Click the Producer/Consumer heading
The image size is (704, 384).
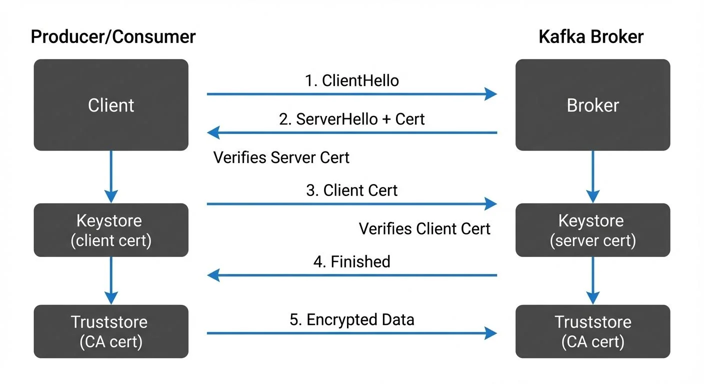click(113, 37)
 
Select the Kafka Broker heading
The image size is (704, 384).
click(591, 37)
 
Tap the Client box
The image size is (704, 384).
click(111, 105)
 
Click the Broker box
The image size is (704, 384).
click(592, 105)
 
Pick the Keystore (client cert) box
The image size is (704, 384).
click(111, 230)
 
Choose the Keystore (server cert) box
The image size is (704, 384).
click(592, 230)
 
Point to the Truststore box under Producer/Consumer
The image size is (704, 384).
click(111, 331)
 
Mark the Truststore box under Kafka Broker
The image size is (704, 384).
click(592, 331)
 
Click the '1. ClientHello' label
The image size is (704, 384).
click(352, 80)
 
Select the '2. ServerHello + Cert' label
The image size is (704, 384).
click(352, 119)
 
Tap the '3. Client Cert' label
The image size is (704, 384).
click(352, 190)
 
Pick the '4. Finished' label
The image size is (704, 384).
click(352, 261)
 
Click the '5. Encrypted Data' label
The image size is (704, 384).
click(352, 319)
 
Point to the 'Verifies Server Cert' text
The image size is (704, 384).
click(281, 157)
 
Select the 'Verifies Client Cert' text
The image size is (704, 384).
click(424, 229)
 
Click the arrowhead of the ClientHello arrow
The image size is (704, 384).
click(491, 93)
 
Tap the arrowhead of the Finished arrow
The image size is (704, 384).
click(213, 275)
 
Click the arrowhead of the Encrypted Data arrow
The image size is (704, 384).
click(491, 333)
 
